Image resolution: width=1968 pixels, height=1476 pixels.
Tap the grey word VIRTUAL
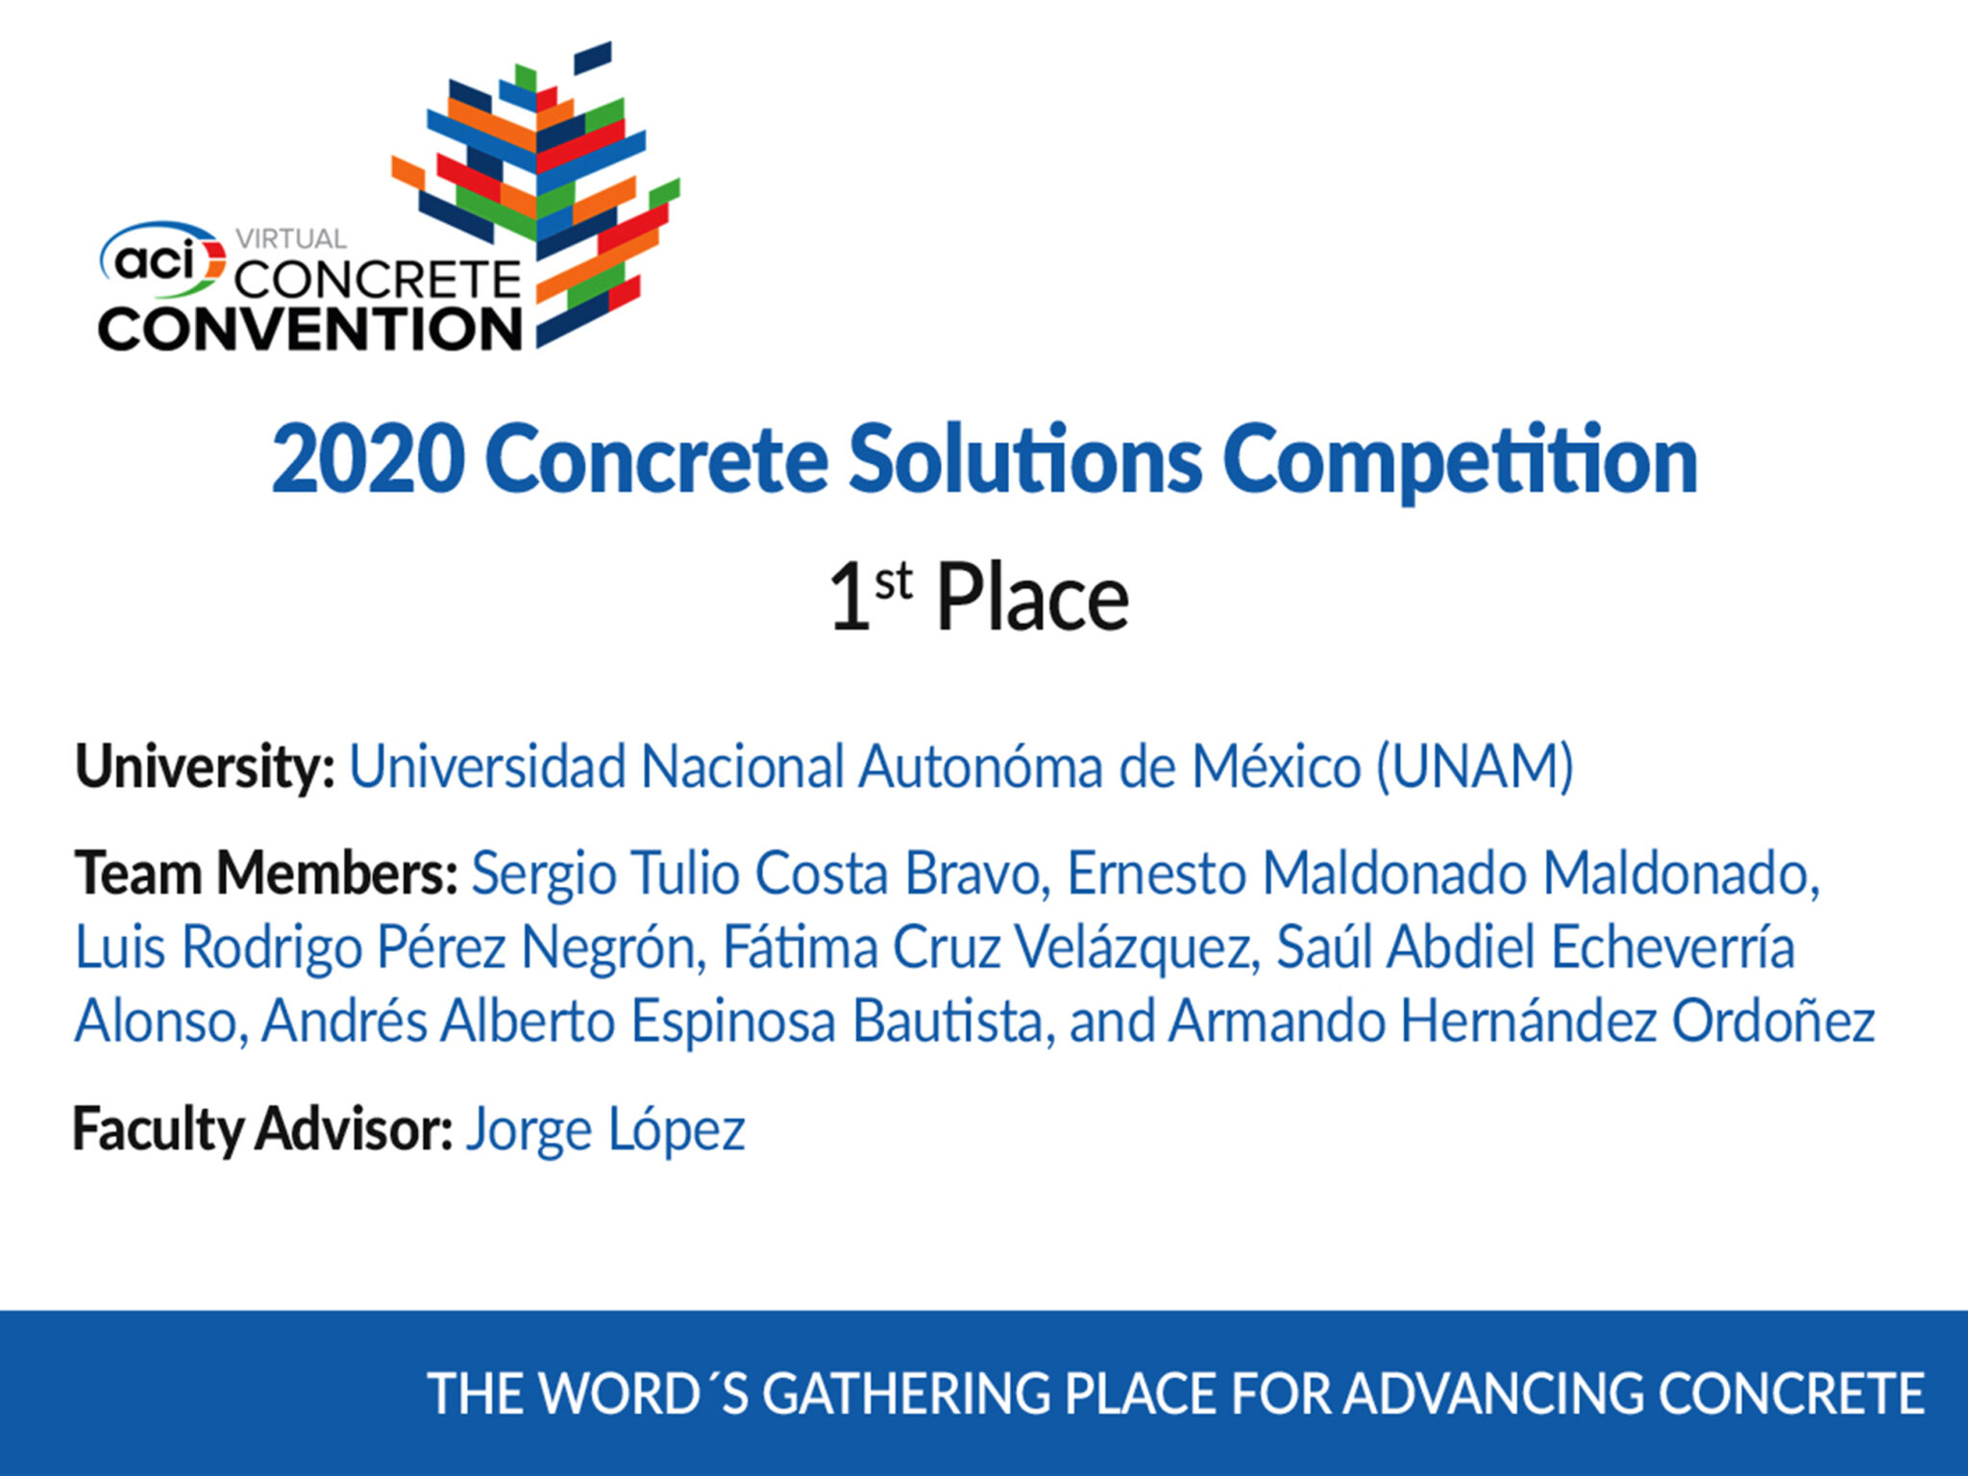pyautogui.click(x=291, y=238)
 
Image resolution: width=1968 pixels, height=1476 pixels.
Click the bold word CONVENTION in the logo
pyautogui.click(x=310, y=329)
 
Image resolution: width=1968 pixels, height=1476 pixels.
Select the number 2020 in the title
pyautogui.click(x=369, y=460)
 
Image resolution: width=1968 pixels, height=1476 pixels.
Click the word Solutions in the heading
pyautogui.click(x=1024, y=459)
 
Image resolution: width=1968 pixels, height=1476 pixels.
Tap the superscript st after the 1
pyautogui.click(x=893, y=581)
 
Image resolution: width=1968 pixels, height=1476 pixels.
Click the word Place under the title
pyautogui.click(x=1033, y=599)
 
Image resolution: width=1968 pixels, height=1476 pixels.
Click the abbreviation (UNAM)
pyautogui.click(x=1475, y=768)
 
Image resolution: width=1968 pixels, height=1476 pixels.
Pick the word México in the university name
pyautogui.click(x=1277, y=766)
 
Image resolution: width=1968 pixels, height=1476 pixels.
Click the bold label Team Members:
pyautogui.click(x=266, y=873)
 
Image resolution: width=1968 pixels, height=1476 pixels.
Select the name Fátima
pyautogui.click(x=800, y=947)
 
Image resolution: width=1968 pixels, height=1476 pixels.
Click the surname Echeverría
pyautogui.click(x=1673, y=947)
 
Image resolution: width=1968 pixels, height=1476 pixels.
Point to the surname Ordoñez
pyautogui.click(x=1773, y=1021)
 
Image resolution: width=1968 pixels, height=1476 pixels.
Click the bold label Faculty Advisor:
pyautogui.click(x=262, y=1130)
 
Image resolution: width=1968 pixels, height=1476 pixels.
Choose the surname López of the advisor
pyautogui.click(x=676, y=1131)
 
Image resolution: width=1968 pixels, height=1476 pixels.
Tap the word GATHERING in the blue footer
pyautogui.click(x=907, y=1394)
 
